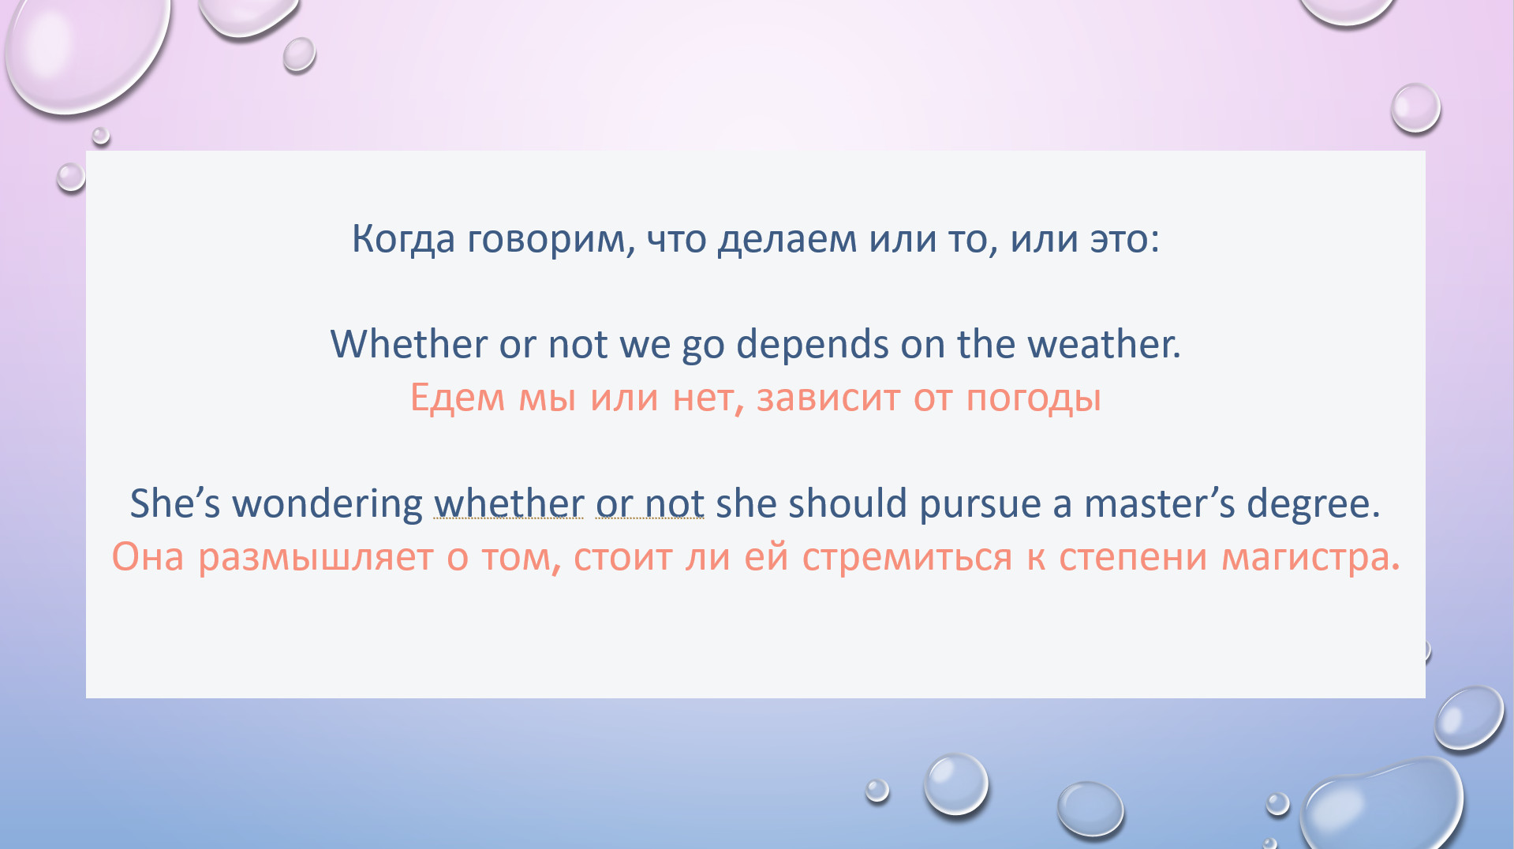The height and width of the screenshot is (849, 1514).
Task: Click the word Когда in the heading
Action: click(x=403, y=239)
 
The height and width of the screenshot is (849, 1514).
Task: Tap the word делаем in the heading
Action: click(x=787, y=239)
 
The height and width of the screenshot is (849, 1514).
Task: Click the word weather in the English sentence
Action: click(x=1104, y=344)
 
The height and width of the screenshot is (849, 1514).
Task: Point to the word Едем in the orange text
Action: click(x=457, y=398)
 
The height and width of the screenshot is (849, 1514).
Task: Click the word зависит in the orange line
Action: click(x=828, y=398)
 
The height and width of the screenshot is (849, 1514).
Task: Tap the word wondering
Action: click(x=327, y=504)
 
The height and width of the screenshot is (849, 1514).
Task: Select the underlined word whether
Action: click(x=509, y=503)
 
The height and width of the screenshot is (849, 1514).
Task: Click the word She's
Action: click(x=175, y=503)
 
